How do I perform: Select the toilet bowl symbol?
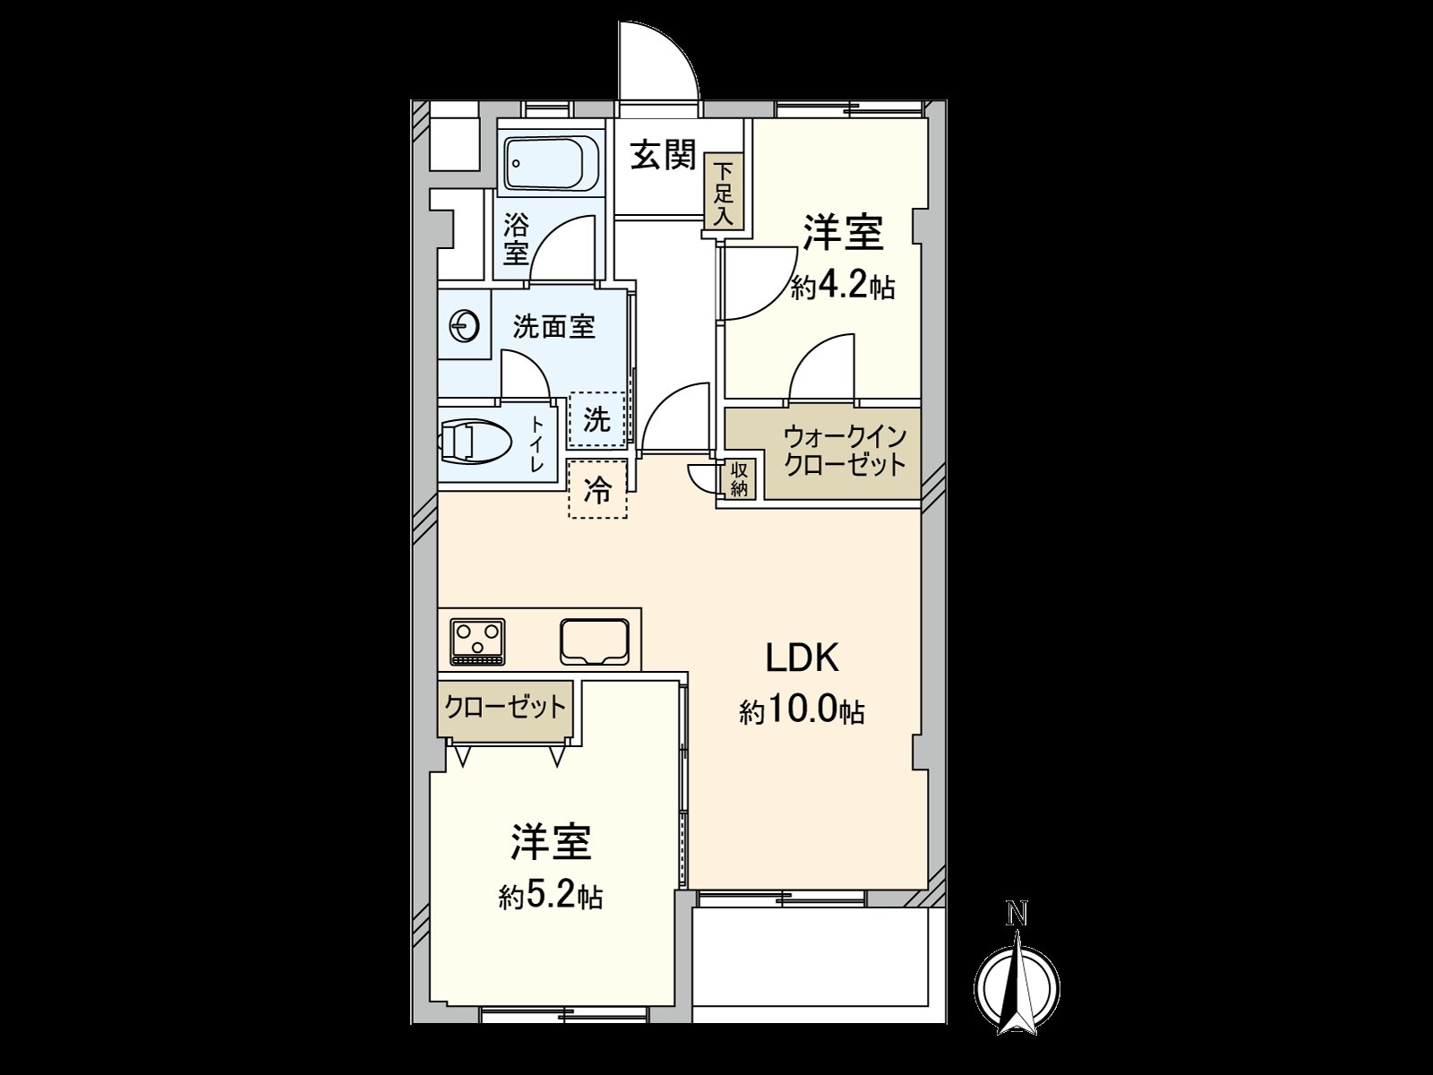[476, 442]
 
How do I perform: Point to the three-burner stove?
[477, 641]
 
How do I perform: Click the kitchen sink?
[596, 641]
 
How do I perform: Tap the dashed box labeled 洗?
[597, 418]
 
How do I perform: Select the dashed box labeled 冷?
[597, 489]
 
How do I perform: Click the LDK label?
[802, 658]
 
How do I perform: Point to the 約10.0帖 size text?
[802, 712]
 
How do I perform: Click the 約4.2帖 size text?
[843, 288]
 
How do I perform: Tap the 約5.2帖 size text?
[550, 896]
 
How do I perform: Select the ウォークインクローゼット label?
[844, 451]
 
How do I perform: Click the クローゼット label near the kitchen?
[506, 707]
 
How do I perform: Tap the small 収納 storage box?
[740, 479]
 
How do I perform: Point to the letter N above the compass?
[1017, 915]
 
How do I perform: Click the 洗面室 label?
[553, 327]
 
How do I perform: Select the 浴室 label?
[515, 238]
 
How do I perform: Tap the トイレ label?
[537, 443]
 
